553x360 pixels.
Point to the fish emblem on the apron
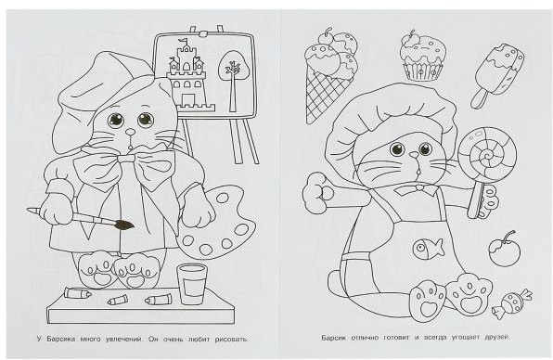(x=428, y=247)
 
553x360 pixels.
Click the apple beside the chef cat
(x=505, y=250)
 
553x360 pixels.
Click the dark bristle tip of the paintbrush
(x=123, y=225)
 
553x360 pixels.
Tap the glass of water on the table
(x=191, y=284)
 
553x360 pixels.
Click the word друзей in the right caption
(x=497, y=338)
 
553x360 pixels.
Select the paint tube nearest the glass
(x=160, y=300)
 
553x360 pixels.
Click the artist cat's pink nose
(x=131, y=132)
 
